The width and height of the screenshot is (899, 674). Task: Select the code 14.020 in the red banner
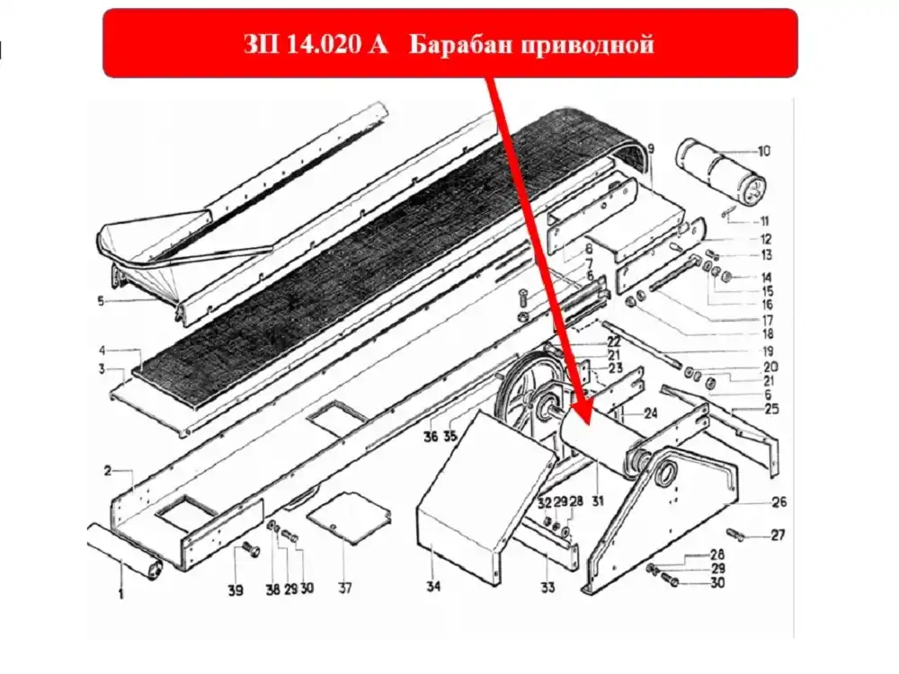click(x=321, y=44)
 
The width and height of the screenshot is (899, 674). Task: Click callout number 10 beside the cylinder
click(x=763, y=151)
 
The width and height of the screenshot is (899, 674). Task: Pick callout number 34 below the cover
click(x=433, y=586)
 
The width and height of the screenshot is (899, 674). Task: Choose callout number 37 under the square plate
click(x=344, y=588)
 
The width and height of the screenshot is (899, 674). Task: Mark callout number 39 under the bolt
click(x=236, y=590)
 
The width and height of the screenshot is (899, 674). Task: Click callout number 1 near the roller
click(x=121, y=594)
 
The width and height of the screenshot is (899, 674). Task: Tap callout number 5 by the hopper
click(x=102, y=301)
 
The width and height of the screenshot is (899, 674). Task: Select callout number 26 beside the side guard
click(x=779, y=502)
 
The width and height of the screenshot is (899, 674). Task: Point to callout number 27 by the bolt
click(x=778, y=536)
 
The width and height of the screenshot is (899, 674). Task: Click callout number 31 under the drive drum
click(x=598, y=501)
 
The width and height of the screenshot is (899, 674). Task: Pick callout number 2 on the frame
click(x=108, y=471)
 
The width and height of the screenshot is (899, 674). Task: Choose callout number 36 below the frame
click(x=431, y=437)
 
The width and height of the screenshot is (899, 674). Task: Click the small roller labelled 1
click(x=125, y=549)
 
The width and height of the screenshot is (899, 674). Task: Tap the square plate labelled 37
click(x=349, y=516)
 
